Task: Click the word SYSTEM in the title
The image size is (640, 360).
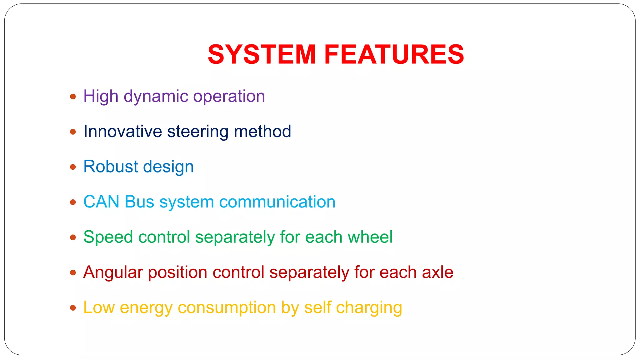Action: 262,55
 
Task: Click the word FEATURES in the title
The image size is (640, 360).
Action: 394,55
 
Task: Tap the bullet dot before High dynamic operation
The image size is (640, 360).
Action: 73,97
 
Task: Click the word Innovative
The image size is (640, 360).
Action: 122,132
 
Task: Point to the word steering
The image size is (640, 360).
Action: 198,132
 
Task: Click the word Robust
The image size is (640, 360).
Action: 110,167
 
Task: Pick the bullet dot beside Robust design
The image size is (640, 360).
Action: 73,167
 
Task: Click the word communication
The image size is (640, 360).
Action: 277,202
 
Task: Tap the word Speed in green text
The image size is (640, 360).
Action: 108,237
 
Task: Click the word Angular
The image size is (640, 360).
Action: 113,272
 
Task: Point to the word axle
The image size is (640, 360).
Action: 437,272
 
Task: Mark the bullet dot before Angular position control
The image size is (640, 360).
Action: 73,273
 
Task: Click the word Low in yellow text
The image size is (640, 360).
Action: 99,307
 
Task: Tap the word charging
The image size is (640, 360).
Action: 369,308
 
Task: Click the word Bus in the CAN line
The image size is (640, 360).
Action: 139,202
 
